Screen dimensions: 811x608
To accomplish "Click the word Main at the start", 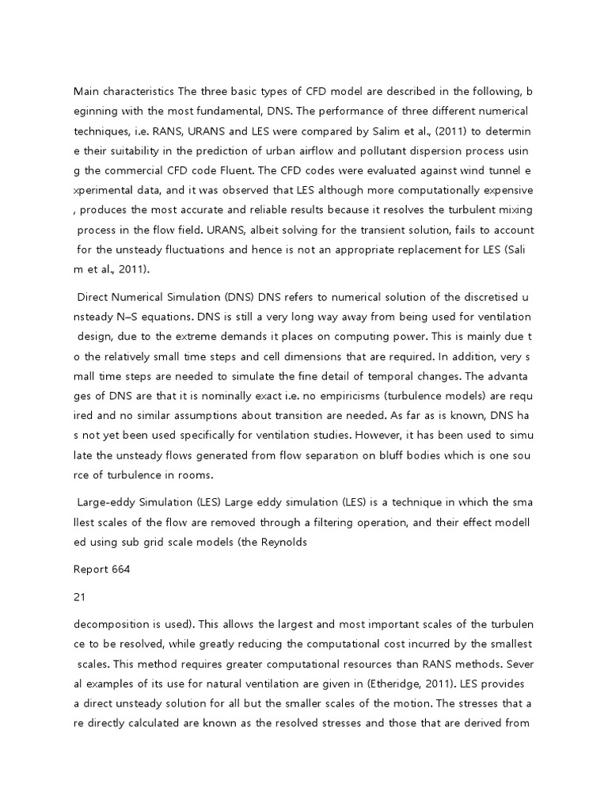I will click(x=86, y=92).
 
